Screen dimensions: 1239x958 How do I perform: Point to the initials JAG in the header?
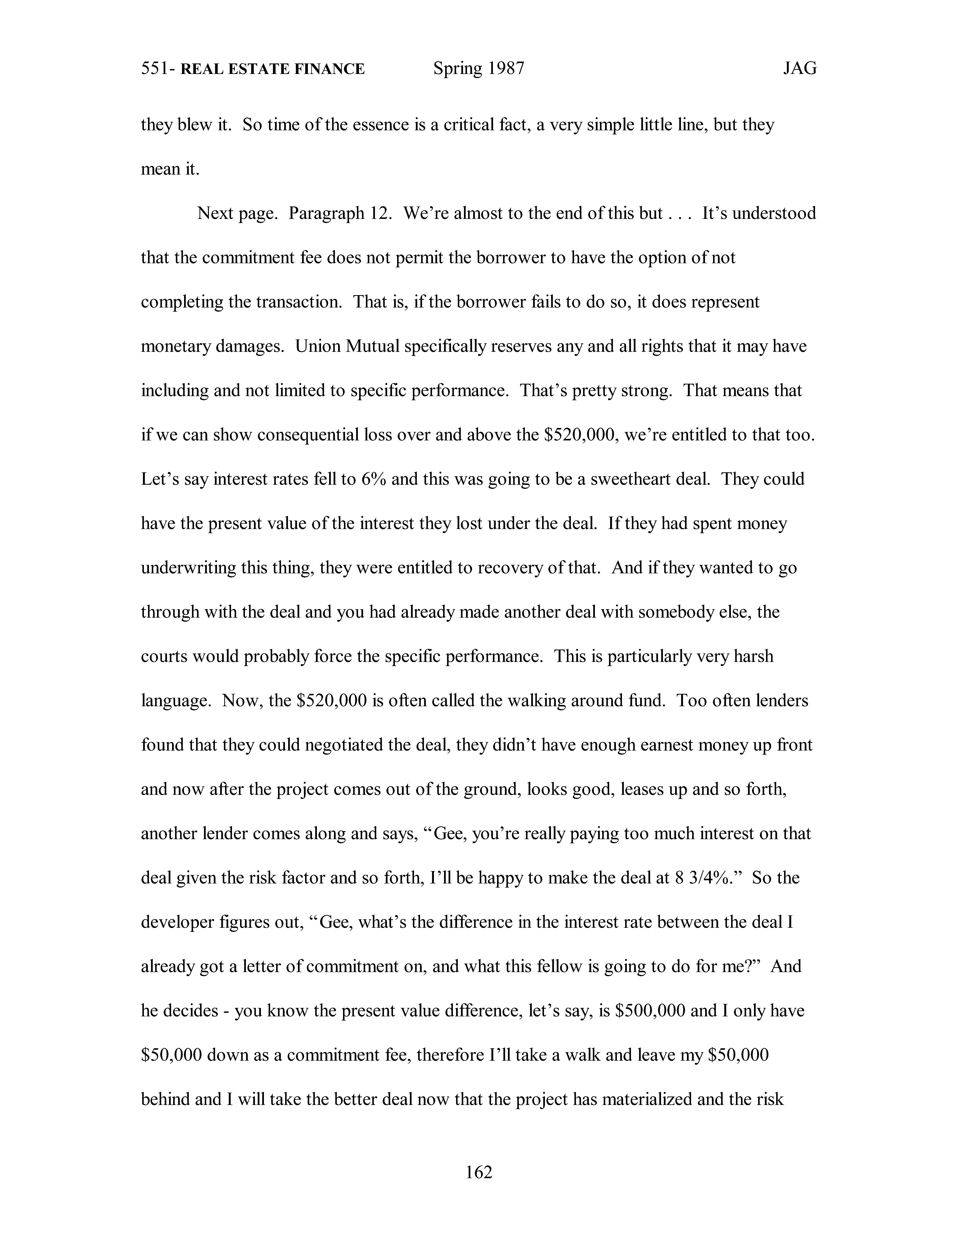[x=800, y=69]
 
